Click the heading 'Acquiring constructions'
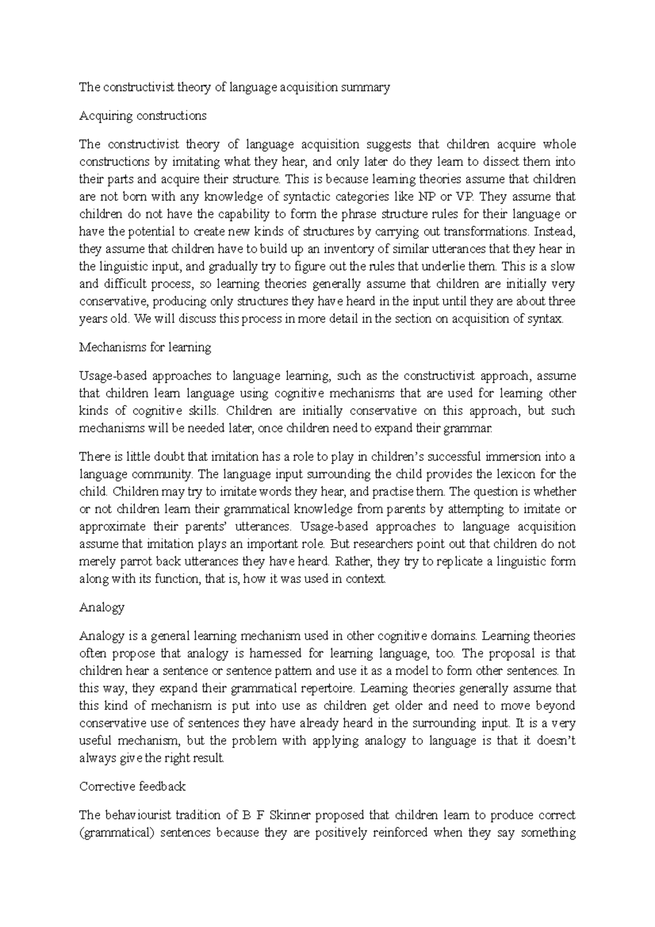(x=142, y=116)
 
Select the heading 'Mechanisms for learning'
(x=145, y=347)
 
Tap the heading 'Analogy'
(x=102, y=607)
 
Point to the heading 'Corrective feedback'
(x=132, y=786)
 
